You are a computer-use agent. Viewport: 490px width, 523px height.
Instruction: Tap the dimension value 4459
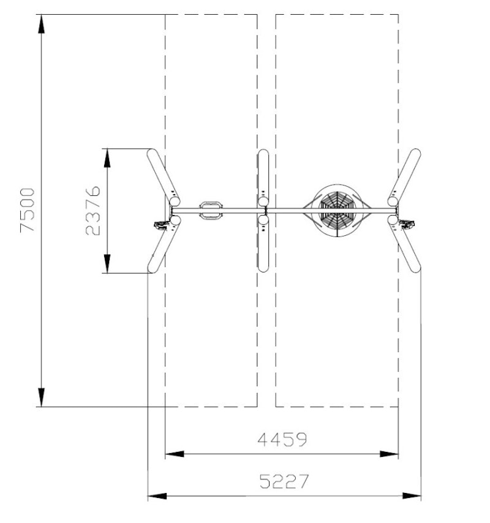point(282,440)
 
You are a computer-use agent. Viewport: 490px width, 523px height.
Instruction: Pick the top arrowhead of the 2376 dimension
point(107,157)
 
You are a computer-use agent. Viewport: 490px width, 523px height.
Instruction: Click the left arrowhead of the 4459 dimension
point(175,454)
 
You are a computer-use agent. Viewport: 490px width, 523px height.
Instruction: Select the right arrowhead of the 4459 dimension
point(390,454)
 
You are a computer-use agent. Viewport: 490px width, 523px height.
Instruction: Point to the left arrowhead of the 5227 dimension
point(157,495)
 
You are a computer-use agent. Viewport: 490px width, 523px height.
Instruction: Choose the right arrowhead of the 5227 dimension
point(412,495)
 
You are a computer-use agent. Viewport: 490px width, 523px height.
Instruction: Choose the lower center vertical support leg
point(263,245)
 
